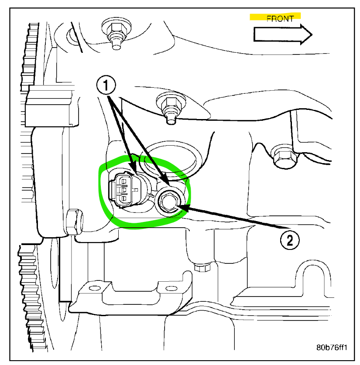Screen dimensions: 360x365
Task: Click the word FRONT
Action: (x=280, y=19)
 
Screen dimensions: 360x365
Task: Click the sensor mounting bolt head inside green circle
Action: (x=168, y=201)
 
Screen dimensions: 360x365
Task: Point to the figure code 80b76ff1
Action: (x=332, y=348)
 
